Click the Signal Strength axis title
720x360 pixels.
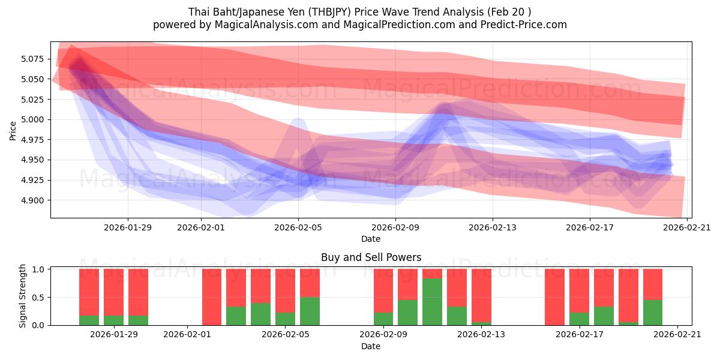(x=23, y=296)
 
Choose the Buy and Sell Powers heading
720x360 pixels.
(x=371, y=257)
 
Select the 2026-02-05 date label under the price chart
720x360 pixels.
(x=298, y=227)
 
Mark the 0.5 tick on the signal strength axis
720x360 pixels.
(x=39, y=297)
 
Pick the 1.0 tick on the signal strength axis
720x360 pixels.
(x=39, y=269)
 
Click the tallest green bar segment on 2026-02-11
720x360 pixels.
(x=432, y=302)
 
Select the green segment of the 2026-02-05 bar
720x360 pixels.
(x=310, y=311)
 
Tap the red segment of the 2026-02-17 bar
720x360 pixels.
(x=579, y=290)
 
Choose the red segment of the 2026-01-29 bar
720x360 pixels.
(x=113, y=292)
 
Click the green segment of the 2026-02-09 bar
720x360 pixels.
(x=383, y=319)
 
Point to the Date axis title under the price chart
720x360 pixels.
(x=371, y=239)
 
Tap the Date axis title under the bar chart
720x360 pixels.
(x=371, y=346)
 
